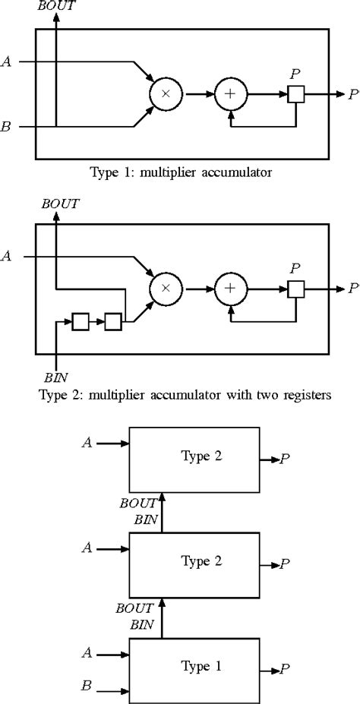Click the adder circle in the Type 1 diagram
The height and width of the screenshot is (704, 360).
tap(227, 94)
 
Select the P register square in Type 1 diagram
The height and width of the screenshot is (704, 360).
tap(295, 94)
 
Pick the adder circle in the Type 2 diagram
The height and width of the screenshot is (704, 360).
tap(227, 289)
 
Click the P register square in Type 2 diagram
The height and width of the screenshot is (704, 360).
tap(295, 289)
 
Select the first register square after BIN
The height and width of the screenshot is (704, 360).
tap(81, 322)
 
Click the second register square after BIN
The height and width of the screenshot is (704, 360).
tap(112, 322)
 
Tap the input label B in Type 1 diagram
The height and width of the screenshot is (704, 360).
tap(7, 128)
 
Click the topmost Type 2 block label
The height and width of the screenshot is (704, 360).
tap(201, 456)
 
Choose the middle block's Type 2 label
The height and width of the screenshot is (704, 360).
tap(201, 561)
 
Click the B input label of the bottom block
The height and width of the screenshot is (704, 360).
tap(86, 687)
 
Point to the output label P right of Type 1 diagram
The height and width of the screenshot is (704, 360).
tap(353, 94)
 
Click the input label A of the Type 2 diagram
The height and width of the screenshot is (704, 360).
tap(7, 257)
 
